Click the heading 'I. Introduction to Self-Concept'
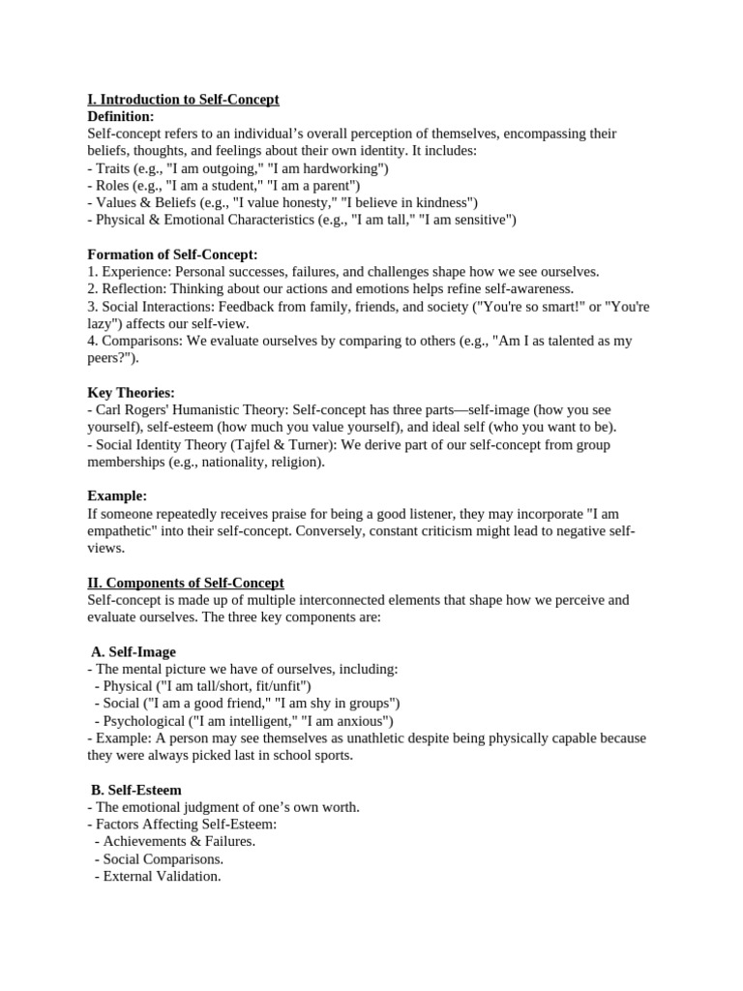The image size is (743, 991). (183, 100)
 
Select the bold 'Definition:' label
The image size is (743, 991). (120, 116)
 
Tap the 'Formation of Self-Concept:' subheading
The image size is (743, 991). (172, 255)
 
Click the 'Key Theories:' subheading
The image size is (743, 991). (131, 393)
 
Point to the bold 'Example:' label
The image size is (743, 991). (117, 496)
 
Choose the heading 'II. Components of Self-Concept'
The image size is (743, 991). (186, 583)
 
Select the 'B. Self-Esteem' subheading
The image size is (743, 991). (136, 790)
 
